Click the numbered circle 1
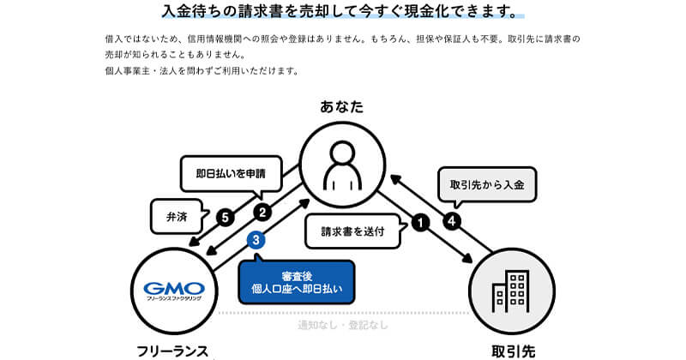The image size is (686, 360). click(419, 221)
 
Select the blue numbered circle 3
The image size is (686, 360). click(253, 242)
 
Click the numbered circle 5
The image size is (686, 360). click(225, 218)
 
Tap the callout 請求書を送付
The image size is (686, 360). click(351, 231)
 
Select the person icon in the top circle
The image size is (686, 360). click(342, 166)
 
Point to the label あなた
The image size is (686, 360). click(342, 107)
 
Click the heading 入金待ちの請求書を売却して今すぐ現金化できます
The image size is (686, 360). click(342, 13)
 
